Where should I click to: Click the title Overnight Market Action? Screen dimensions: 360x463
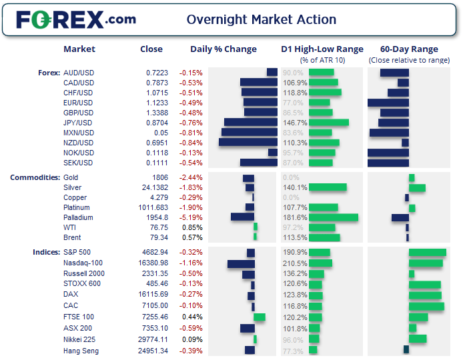(x=262, y=19)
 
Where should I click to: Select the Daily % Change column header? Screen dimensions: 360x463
(x=223, y=49)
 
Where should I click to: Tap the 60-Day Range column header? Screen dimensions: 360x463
(x=409, y=49)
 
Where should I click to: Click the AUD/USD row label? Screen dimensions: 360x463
(x=78, y=73)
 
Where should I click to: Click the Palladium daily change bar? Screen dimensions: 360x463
(x=242, y=217)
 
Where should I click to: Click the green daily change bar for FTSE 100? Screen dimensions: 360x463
(x=260, y=317)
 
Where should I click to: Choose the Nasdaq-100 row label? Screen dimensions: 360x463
(x=83, y=263)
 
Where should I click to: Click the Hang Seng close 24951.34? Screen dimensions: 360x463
(x=155, y=351)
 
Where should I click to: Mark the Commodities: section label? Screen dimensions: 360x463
(x=34, y=177)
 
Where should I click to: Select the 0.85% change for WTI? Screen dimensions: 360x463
(x=192, y=227)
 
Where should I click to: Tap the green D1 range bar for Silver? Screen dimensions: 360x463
(x=328, y=187)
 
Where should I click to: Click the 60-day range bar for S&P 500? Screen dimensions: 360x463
(x=427, y=252)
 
